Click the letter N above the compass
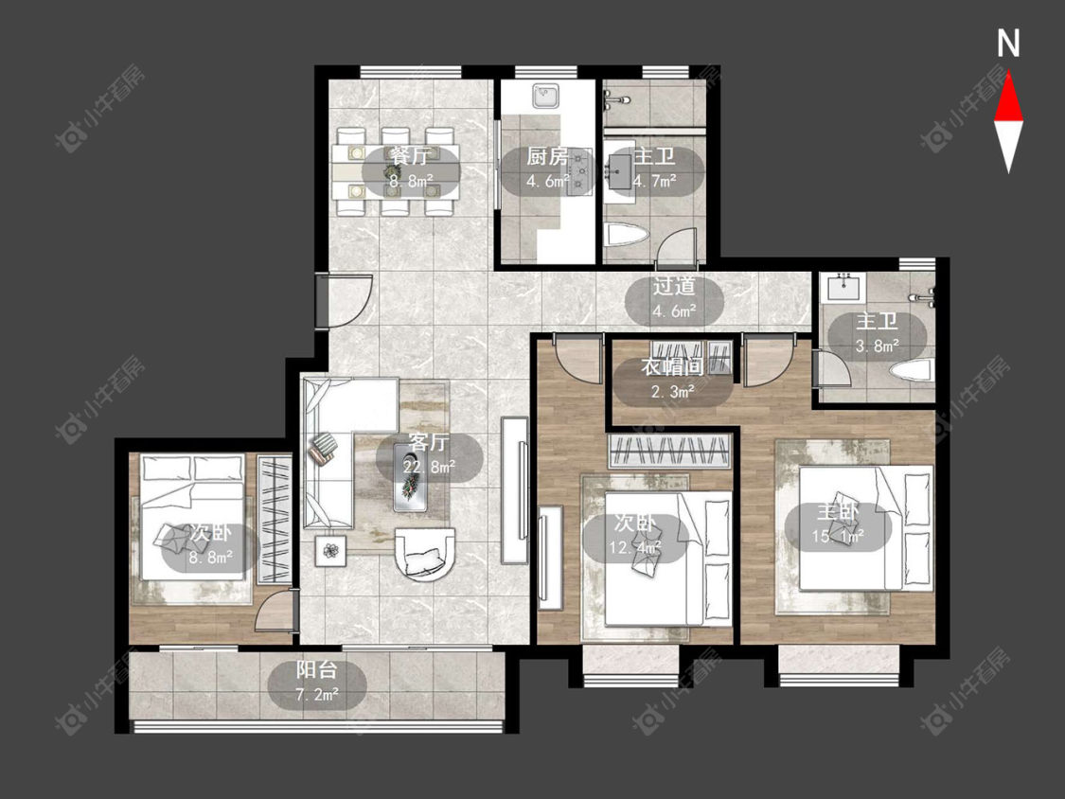1008,44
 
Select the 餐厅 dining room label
410,156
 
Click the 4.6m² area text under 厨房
547,182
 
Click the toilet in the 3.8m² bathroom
913,372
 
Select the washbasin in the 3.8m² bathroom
845,288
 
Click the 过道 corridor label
674,286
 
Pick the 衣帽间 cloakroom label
672,367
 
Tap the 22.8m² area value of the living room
429,467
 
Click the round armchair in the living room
425,553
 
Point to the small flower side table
330,551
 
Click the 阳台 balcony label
316,670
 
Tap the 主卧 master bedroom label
838,512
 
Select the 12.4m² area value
634,547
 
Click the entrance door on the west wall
345,299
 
